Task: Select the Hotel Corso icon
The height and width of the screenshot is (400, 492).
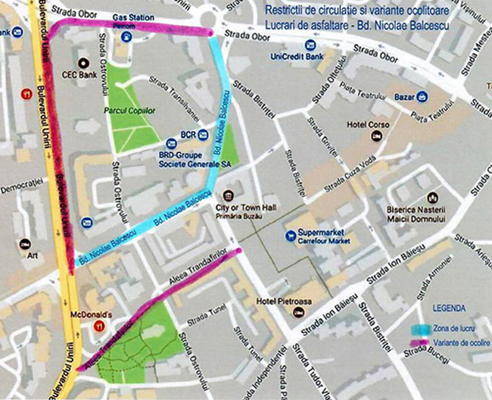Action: (x=375, y=136)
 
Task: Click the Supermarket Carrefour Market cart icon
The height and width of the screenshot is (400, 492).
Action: (x=289, y=236)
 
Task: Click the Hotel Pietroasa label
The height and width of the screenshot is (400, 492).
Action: (x=284, y=302)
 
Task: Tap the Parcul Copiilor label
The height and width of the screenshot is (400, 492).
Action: (x=129, y=111)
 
